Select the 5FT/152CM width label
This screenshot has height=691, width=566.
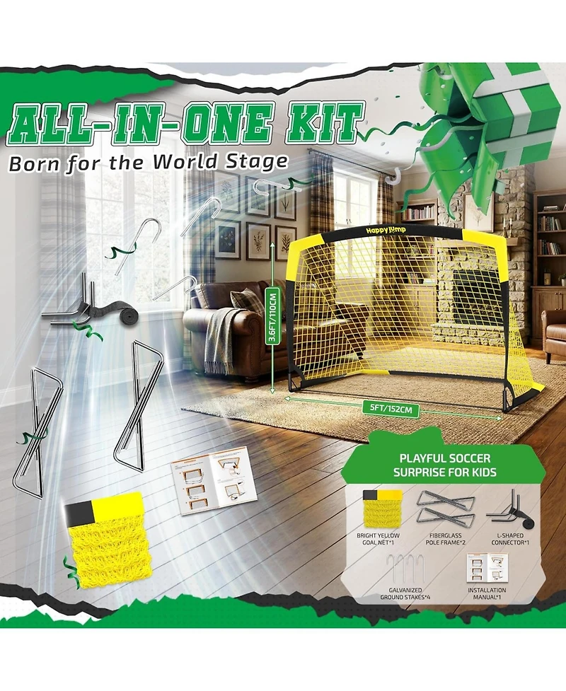pos(388,409)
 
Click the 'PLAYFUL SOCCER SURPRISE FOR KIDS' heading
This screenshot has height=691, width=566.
pos(445,465)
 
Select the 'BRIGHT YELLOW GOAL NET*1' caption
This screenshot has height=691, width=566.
pos(379,539)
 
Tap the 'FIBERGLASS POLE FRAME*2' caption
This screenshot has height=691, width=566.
pos(445,539)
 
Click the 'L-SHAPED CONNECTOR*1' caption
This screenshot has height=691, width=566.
pos(510,539)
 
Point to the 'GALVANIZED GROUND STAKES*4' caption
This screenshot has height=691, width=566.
pos(405,593)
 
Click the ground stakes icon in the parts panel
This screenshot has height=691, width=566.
pos(405,569)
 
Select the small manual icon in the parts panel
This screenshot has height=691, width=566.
pos(487,569)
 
